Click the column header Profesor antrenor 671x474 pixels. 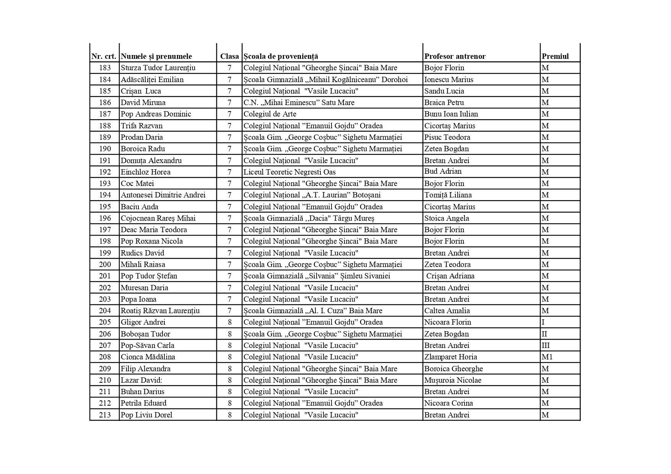coord(455,57)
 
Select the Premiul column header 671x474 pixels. coord(555,57)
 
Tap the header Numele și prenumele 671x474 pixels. coord(156,57)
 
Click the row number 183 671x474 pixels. coord(105,68)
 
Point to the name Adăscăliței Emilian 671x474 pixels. coord(152,79)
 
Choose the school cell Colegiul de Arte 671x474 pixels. coord(270,114)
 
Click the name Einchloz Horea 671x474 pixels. coord(146,172)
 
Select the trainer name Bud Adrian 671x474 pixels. coord(443,171)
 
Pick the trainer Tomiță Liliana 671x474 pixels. coord(448,195)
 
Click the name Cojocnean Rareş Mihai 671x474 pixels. coord(158,218)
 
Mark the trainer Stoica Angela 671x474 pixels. coord(447,218)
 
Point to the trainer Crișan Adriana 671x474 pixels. coord(450,276)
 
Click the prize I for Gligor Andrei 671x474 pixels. coord(543,322)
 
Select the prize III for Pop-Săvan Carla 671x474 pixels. coord(546,345)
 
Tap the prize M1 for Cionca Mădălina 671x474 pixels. coord(547,357)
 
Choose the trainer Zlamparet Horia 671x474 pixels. coord(450,357)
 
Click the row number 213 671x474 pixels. coord(105,415)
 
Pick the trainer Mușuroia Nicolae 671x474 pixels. coord(453,380)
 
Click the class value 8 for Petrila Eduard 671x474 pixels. coord(229,403)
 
